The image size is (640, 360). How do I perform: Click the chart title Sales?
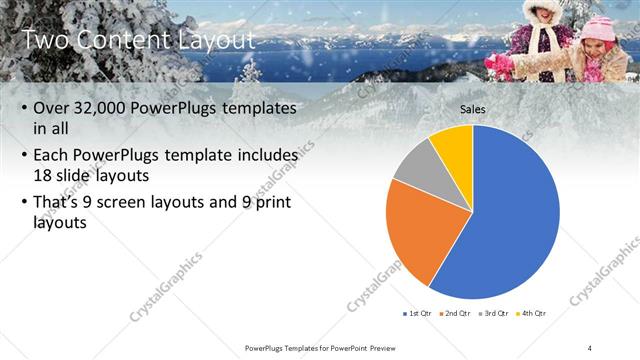[473, 108]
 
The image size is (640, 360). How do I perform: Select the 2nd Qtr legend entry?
[455, 314]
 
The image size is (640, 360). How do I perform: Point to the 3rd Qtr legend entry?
[494, 314]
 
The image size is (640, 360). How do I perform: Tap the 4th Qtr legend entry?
[530, 314]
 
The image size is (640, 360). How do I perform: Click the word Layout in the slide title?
[215, 40]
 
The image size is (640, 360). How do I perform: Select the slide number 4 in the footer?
[590, 347]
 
